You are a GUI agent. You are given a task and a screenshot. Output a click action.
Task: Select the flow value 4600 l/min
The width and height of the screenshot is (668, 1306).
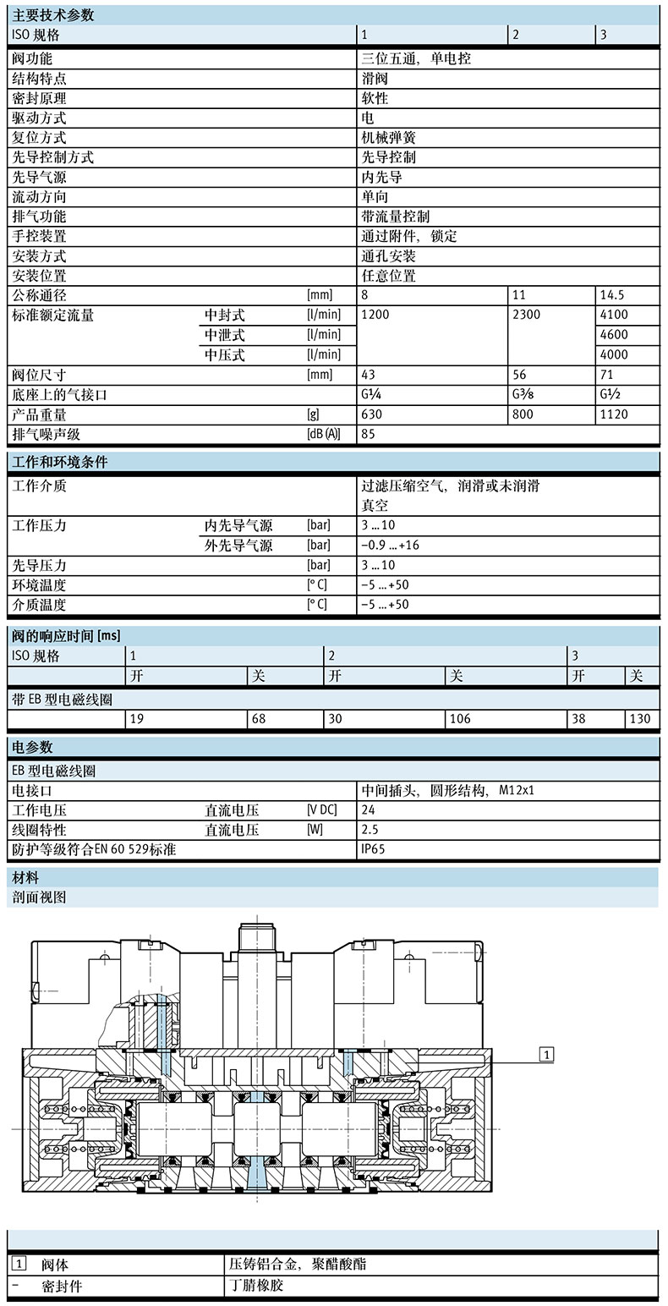pos(614,335)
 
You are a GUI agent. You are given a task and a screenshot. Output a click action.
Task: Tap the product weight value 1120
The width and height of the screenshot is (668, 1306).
pos(614,414)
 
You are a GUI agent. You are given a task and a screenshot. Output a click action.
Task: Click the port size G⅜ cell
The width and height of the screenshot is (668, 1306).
pos(526,395)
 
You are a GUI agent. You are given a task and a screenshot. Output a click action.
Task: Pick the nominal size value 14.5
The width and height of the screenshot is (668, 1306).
pos(616,295)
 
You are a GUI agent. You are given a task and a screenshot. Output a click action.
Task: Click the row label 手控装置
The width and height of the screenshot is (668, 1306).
pos(39,236)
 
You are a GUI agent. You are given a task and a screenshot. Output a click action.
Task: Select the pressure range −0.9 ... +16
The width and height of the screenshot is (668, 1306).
pos(390,546)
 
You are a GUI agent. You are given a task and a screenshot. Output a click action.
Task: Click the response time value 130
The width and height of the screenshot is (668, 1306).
pos(640,719)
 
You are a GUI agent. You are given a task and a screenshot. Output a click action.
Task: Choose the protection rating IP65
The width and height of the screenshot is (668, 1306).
pos(373,850)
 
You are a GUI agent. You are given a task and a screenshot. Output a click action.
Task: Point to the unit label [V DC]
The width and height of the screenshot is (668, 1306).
pos(322,810)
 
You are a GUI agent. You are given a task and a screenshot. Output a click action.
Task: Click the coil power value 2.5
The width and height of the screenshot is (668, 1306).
pos(370,830)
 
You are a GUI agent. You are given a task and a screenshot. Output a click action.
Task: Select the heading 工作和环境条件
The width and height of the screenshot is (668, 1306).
pos(59,462)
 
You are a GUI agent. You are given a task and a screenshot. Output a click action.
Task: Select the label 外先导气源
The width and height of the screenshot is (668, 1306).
pos(238,546)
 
